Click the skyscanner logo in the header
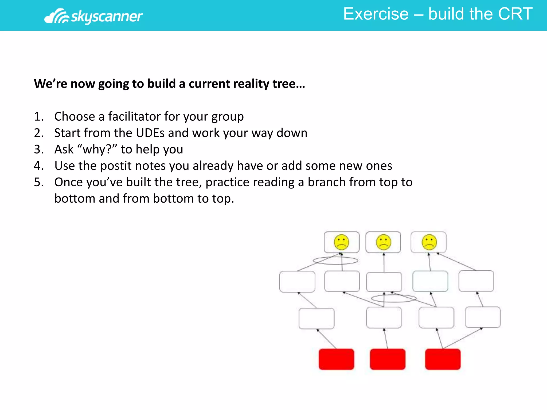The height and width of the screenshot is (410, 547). coord(93,16)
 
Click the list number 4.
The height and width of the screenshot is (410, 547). coord(38,166)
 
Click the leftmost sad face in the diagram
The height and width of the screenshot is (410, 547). coord(341,242)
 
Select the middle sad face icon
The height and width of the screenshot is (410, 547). coord(384,242)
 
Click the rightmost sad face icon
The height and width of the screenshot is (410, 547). coord(429,242)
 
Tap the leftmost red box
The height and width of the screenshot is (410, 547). coord(336,359)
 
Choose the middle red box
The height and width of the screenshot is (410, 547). coord(388,359)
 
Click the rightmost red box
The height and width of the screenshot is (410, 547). coord(443,359)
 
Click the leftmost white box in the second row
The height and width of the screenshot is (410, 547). coord(297,282)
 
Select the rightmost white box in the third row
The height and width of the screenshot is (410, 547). coord(483,317)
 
